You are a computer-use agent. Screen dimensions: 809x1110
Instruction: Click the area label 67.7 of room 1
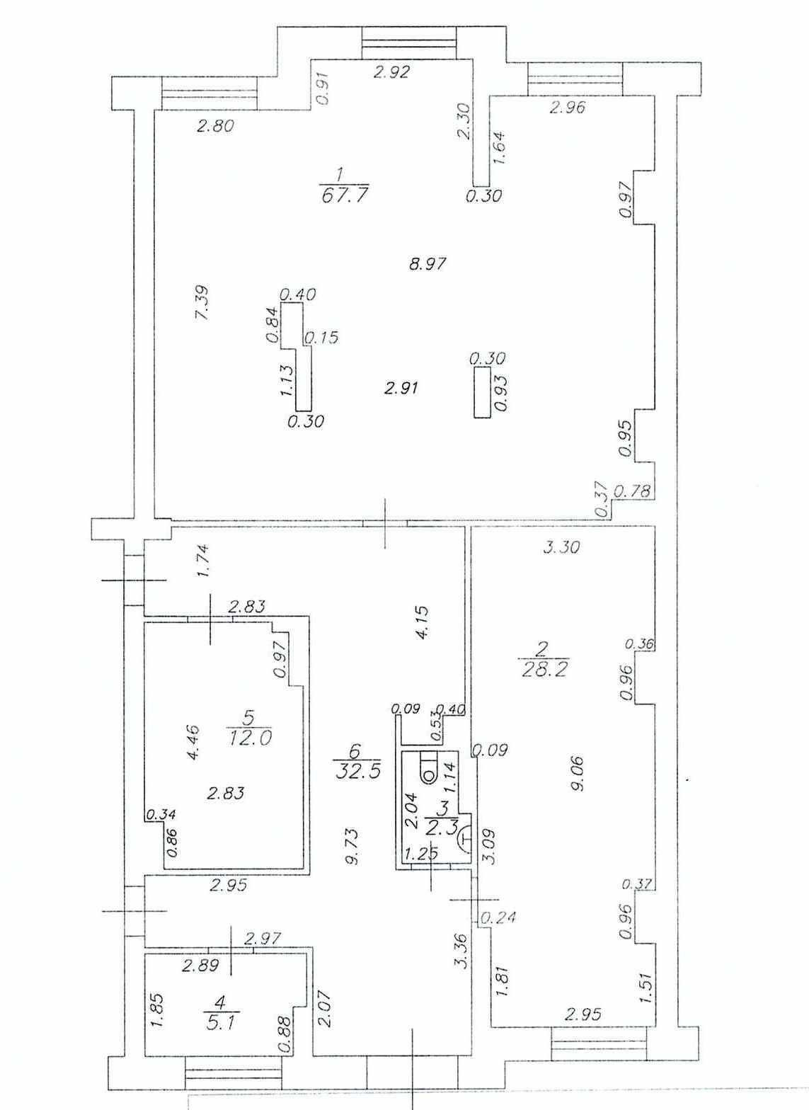point(345,195)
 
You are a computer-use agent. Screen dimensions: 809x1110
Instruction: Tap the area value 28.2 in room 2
point(544,670)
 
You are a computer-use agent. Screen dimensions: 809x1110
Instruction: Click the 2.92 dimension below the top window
point(392,73)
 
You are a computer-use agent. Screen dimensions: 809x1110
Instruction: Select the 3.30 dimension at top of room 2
point(561,548)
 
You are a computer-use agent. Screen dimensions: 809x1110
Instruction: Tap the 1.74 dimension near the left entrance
point(204,561)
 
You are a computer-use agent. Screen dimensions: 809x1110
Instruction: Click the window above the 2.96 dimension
point(575,79)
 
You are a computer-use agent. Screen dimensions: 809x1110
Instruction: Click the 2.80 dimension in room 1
point(215,126)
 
